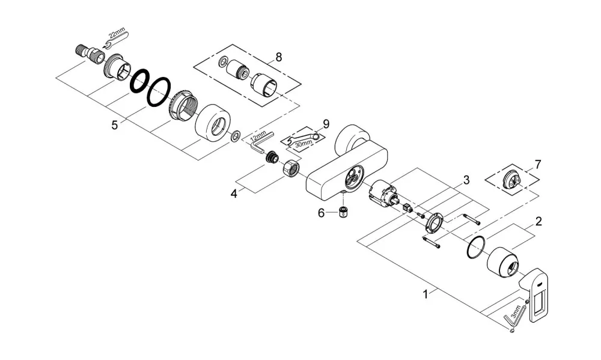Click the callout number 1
click(425, 294)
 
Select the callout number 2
click(538, 221)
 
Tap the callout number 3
click(466, 180)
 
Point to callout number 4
click(234, 194)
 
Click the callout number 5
click(115, 125)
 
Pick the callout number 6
click(321, 213)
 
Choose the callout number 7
click(538, 165)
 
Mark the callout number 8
click(279, 57)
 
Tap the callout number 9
click(326, 124)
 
